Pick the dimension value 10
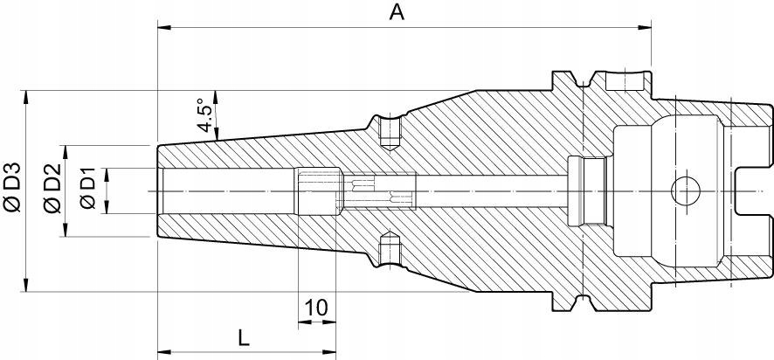(x=316, y=307)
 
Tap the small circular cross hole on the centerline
(x=685, y=190)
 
